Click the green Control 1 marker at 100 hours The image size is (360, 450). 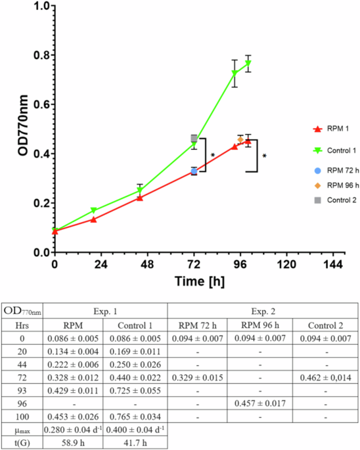pos(248,64)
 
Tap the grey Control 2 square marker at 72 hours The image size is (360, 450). pos(194,138)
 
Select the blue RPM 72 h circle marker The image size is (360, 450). pos(194,171)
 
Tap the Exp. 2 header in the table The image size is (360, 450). pos(261,310)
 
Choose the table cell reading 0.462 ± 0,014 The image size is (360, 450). pos(324,378)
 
